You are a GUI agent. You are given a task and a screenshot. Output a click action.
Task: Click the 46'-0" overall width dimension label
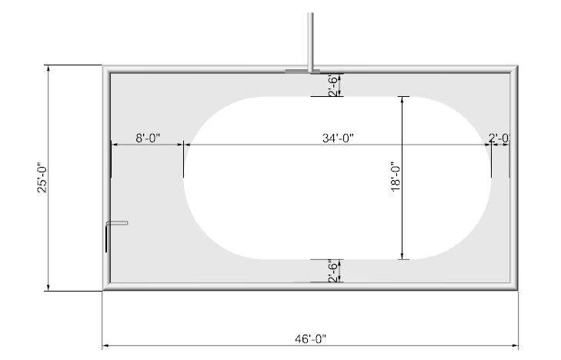[311, 338]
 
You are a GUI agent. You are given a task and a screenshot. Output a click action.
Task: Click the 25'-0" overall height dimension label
[42, 178]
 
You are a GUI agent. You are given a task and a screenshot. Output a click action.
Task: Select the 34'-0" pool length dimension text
[338, 138]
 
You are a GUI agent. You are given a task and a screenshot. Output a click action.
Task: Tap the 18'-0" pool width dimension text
[396, 176]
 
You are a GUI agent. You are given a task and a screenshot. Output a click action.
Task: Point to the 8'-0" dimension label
[148, 138]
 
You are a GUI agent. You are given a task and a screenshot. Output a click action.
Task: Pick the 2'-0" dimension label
[499, 138]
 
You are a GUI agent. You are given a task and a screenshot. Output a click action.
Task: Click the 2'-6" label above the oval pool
[333, 85]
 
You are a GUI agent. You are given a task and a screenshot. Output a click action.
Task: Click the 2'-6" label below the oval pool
[333, 272]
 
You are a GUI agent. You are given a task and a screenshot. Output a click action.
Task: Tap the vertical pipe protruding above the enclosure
[311, 41]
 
